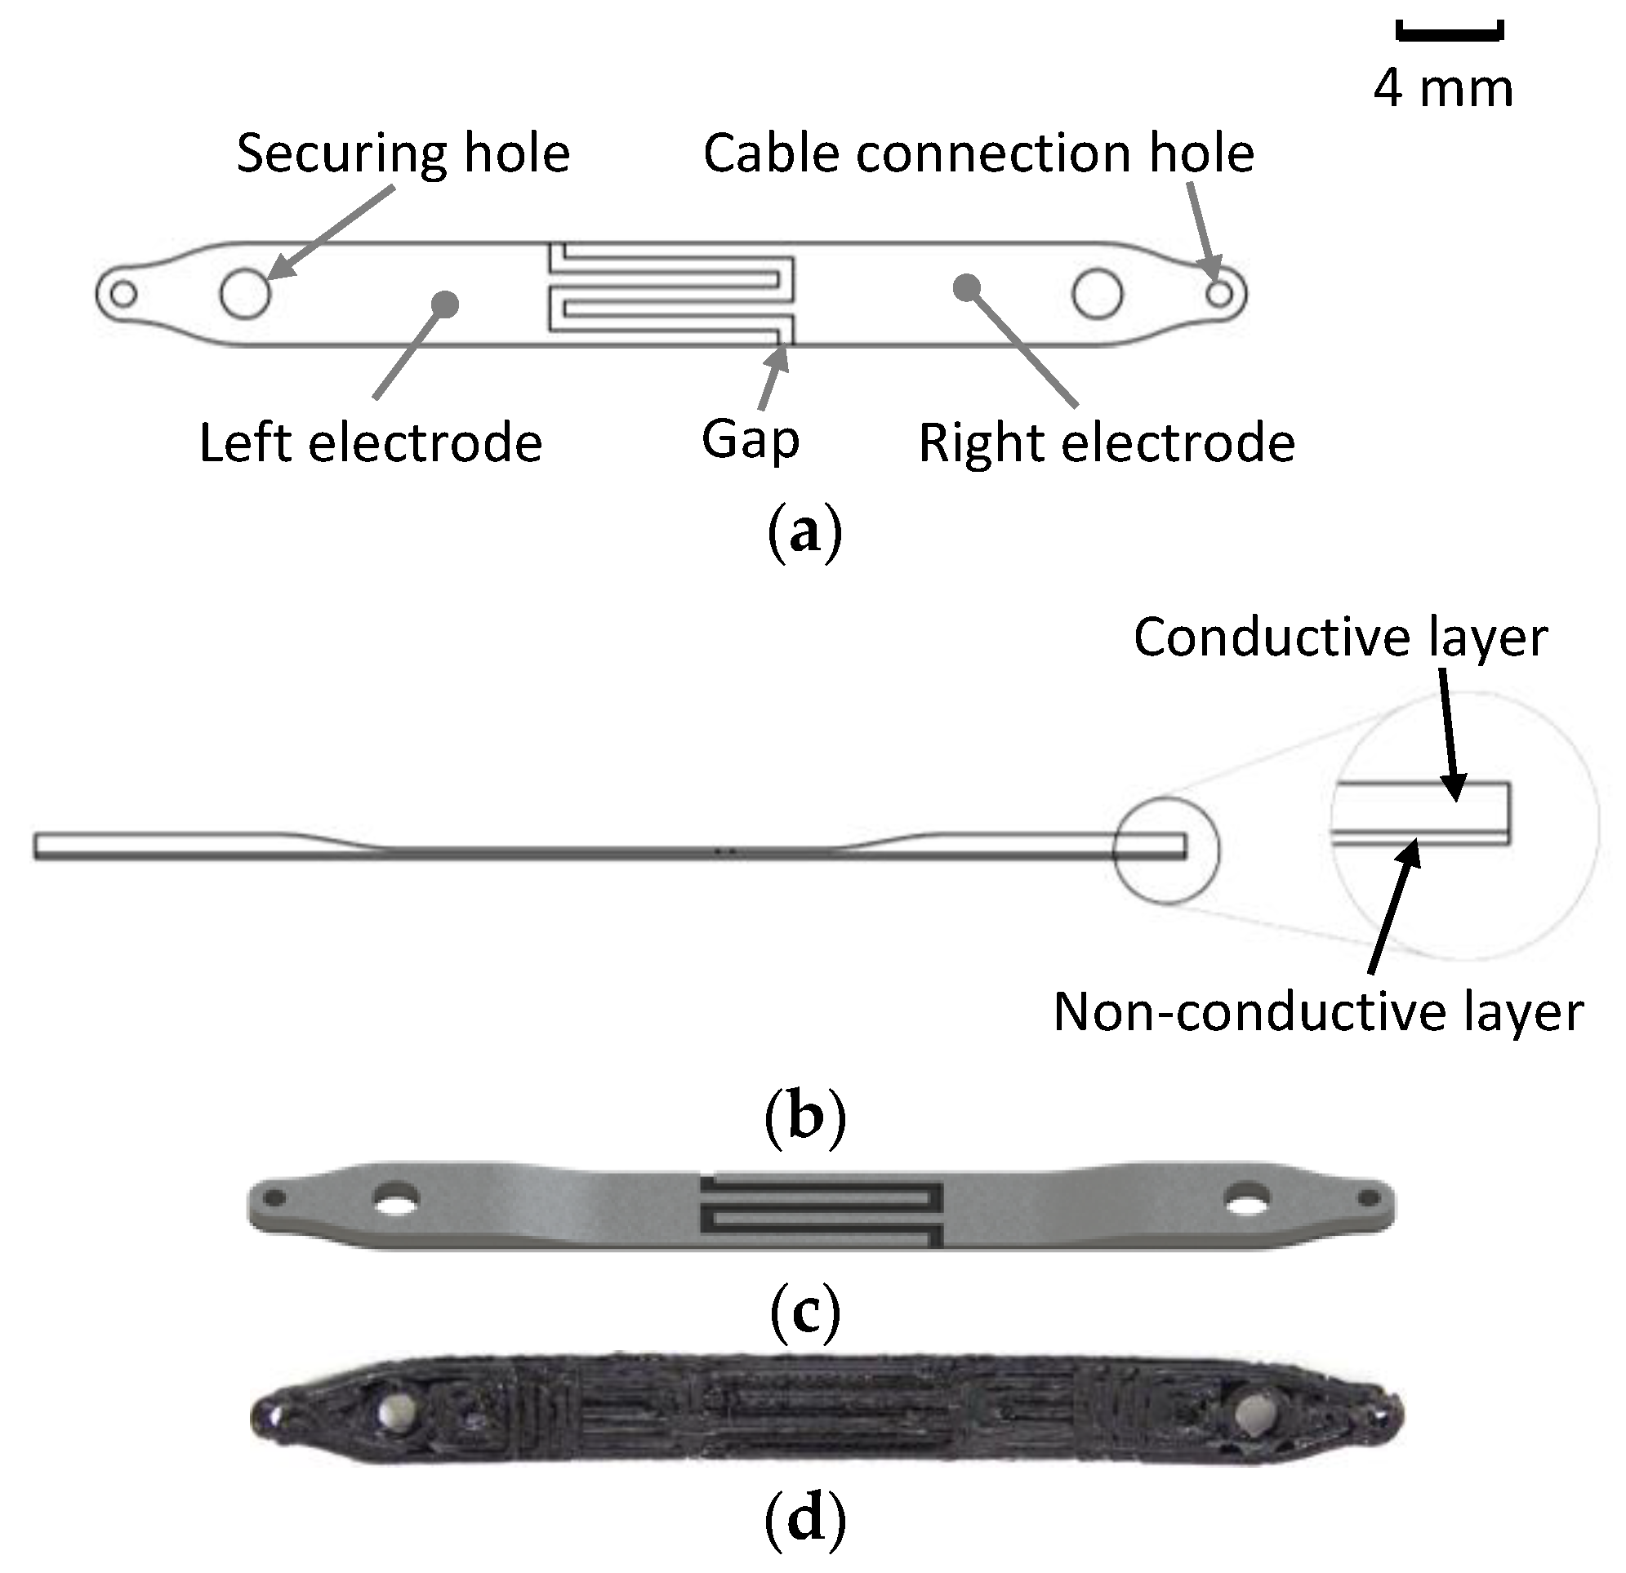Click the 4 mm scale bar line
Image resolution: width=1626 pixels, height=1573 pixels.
(x=1450, y=34)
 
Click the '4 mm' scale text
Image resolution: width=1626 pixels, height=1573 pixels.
(x=1443, y=89)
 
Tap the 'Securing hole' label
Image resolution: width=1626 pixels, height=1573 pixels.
(x=403, y=154)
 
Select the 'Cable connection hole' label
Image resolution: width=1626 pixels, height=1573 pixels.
(x=978, y=154)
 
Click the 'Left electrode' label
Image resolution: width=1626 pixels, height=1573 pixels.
(x=371, y=442)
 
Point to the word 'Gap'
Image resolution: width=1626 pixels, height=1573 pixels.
(x=751, y=440)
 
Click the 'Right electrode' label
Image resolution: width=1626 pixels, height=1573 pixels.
(x=1106, y=442)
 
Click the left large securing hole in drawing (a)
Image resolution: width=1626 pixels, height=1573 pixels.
(x=246, y=295)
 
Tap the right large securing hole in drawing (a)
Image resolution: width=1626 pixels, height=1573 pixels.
(x=1098, y=295)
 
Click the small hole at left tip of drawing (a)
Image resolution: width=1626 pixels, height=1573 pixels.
(x=123, y=295)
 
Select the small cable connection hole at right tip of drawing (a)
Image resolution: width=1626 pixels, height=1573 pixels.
(x=1218, y=294)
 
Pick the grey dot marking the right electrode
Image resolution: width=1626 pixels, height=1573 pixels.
(x=965, y=287)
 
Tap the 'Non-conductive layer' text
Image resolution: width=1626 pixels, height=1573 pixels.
(x=1318, y=1012)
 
